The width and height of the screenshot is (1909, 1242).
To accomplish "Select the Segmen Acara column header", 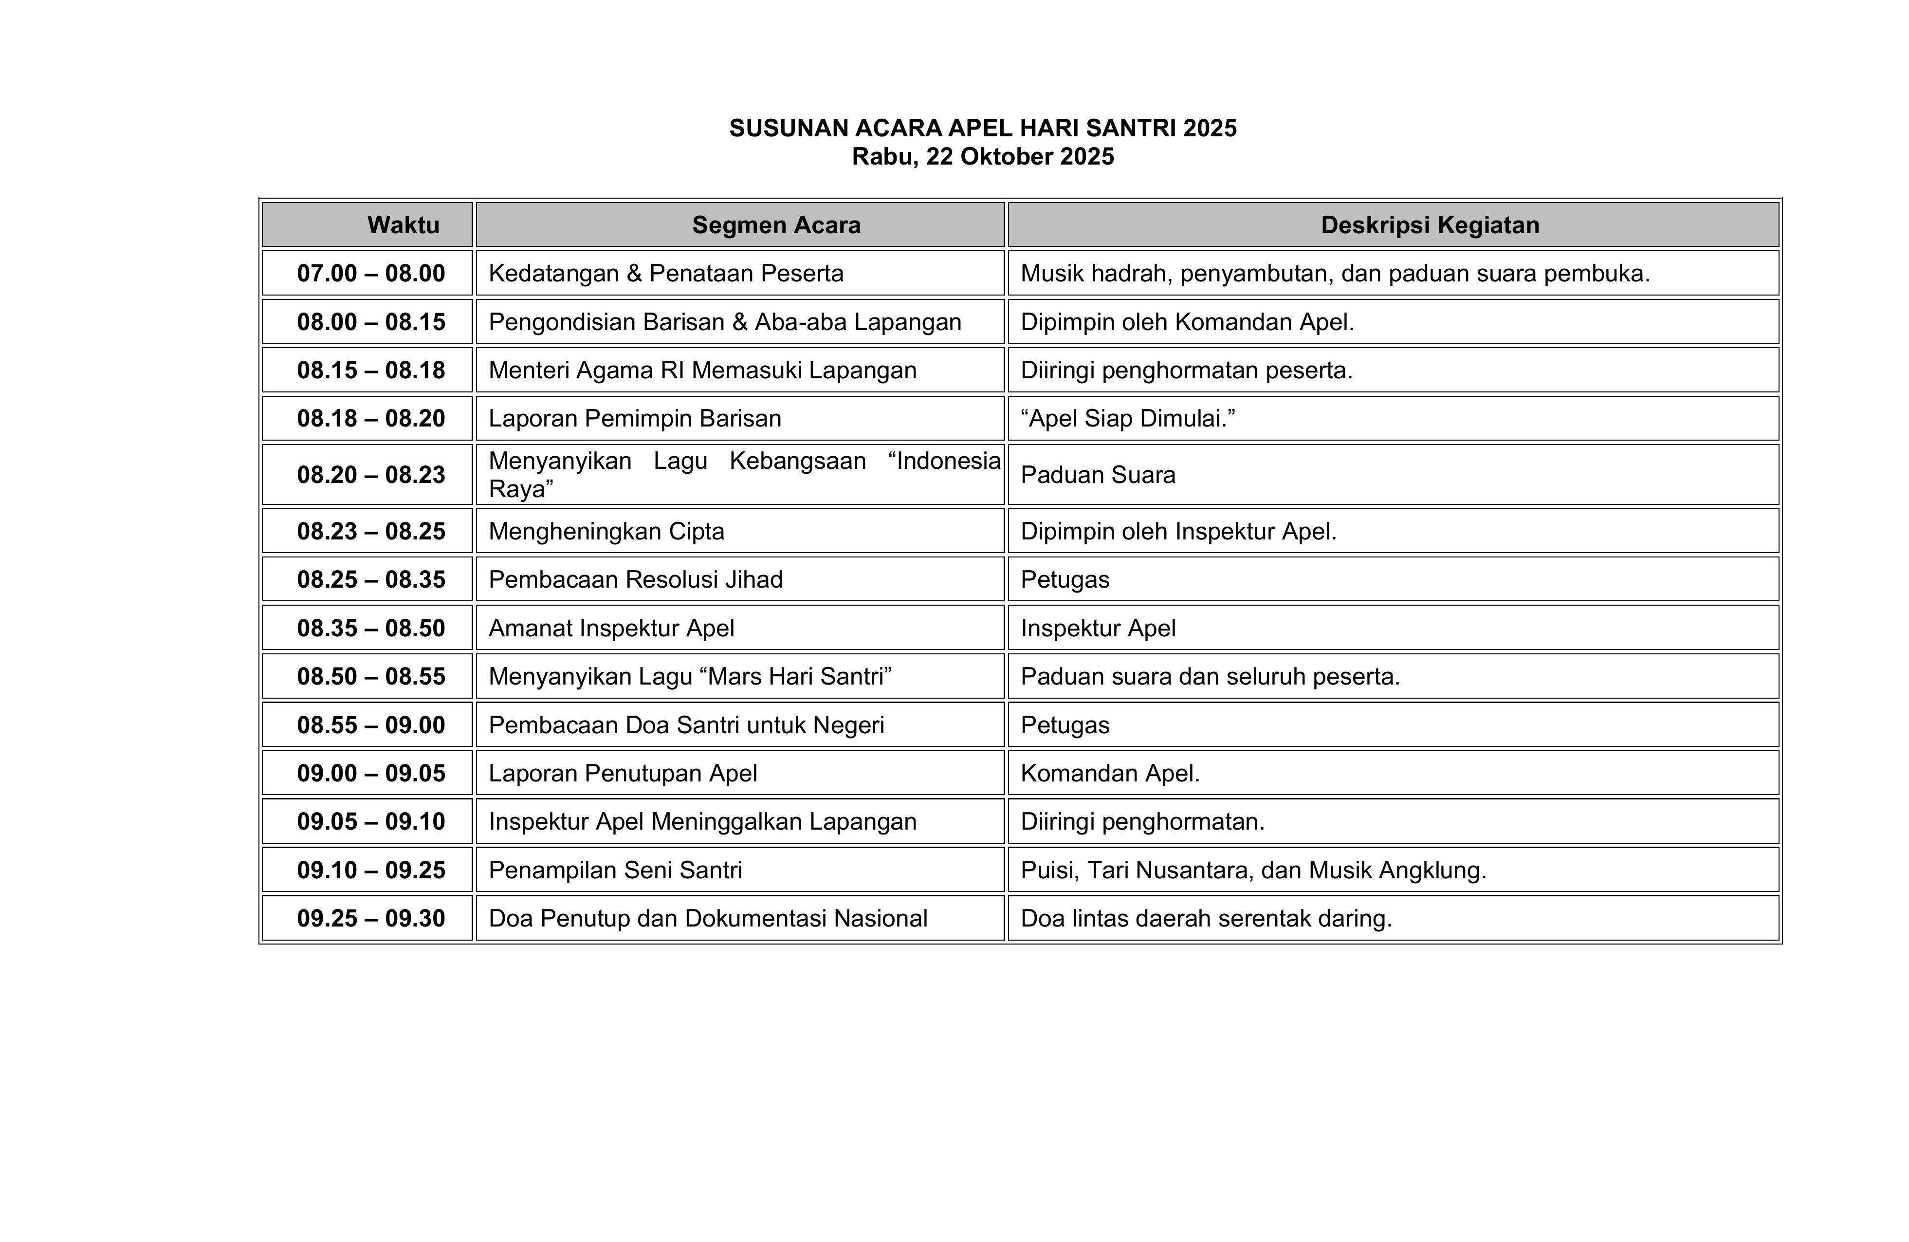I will pos(776,224).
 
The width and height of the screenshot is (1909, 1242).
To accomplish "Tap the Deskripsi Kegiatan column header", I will pos(1430,224).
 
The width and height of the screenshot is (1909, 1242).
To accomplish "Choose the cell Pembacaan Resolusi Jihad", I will pos(635,579).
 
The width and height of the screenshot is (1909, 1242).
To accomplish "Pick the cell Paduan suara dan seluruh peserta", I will pos(1210,676).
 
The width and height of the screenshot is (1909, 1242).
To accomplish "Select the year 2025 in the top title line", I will pos(1210,129).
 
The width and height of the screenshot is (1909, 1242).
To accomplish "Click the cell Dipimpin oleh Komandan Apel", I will pos(1187,322).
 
